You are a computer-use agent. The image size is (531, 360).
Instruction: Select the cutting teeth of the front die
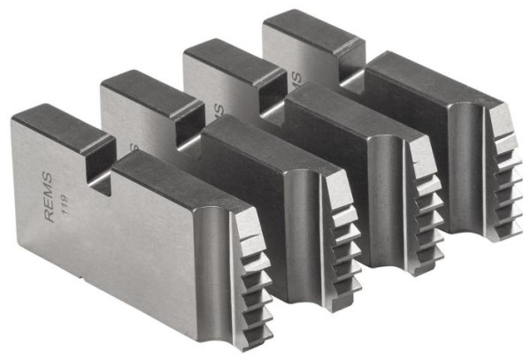[x=252, y=274]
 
